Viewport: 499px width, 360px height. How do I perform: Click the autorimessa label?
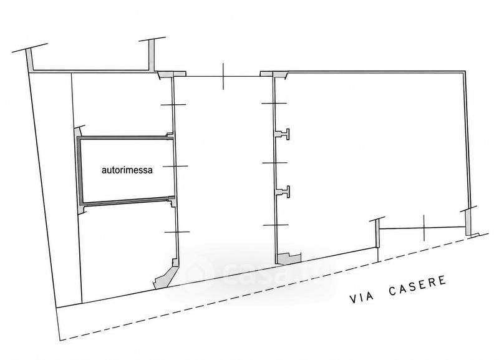(127, 170)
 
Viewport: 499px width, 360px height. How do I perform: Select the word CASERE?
(417, 286)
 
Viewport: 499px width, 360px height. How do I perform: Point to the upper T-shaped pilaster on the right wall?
(283, 134)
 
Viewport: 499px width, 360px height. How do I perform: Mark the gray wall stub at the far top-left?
(30, 61)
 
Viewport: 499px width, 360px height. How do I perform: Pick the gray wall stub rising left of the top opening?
(152, 55)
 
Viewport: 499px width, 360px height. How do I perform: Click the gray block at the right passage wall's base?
(288, 258)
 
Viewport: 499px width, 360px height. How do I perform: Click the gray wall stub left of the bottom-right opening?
(377, 234)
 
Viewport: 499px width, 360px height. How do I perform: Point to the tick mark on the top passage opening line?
(223, 76)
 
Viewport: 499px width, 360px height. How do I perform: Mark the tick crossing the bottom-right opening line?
(424, 227)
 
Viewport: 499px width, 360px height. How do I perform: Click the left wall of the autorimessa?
(80, 171)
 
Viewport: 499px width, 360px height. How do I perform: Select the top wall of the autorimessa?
(125, 138)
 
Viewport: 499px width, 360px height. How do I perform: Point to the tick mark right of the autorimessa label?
(175, 166)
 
